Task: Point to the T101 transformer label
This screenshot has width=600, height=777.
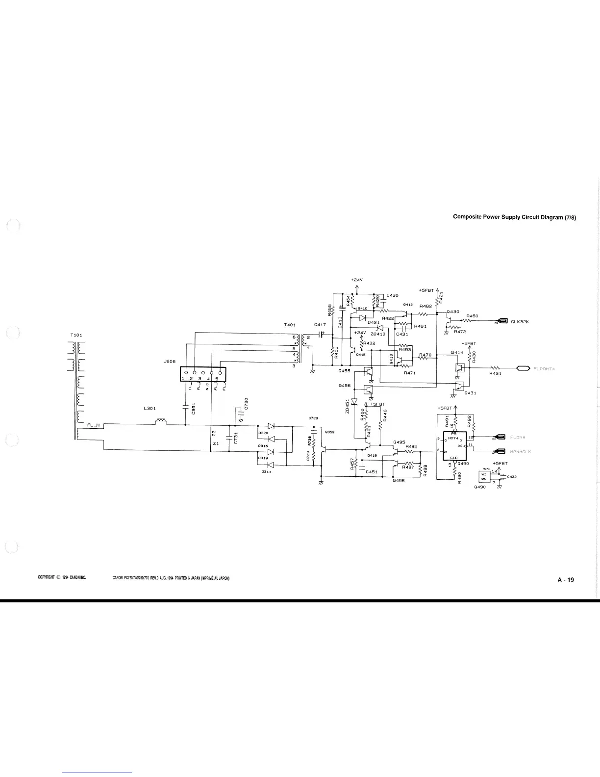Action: (x=76, y=335)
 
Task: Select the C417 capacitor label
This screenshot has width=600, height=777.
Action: (x=320, y=325)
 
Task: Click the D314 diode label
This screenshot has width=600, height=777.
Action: (x=267, y=471)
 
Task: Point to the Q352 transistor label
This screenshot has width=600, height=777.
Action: (x=329, y=432)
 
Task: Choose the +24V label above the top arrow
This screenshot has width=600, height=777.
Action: (x=356, y=280)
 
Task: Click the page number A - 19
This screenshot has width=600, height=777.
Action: (x=565, y=580)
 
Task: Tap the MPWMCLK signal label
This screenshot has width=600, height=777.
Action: (x=521, y=451)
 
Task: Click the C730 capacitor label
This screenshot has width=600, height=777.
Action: (x=247, y=403)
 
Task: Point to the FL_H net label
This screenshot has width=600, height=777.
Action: (x=94, y=425)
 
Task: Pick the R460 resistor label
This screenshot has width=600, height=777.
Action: (x=472, y=316)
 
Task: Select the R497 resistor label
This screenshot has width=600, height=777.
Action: (x=408, y=467)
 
